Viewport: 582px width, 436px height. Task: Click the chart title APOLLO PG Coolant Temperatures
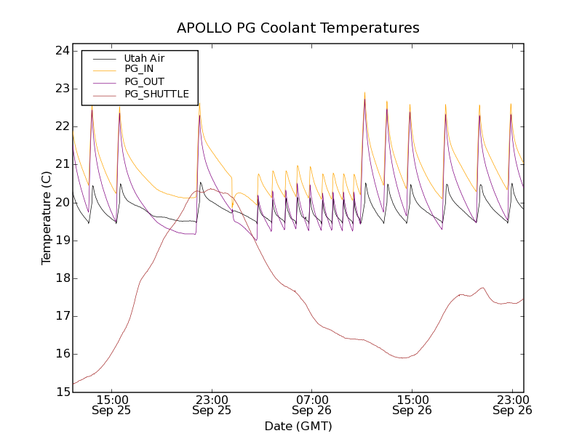[x=298, y=28]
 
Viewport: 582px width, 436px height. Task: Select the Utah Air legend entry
[x=144, y=58]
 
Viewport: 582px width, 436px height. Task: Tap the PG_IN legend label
[x=139, y=69]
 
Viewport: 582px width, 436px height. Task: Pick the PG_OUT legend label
[x=144, y=81]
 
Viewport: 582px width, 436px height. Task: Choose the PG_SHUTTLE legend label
[x=156, y=94]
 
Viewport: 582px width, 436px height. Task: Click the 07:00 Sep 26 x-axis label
[x=312, y=405]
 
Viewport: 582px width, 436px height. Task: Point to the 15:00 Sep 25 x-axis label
[x=112, y=405]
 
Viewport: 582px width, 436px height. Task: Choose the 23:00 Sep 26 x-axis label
[x=512, y=405]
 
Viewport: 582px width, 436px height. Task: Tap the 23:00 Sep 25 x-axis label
[x=212, y=405]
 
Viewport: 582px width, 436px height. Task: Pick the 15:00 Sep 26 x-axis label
[x=412, y=405]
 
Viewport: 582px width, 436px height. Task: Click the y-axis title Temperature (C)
[x=46, y=218]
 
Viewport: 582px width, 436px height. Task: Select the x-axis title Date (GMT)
[x=298, y=426]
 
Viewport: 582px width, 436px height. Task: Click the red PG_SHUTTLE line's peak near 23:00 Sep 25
[x=210, y=189]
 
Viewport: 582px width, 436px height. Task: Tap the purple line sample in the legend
[x=101, y=81]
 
